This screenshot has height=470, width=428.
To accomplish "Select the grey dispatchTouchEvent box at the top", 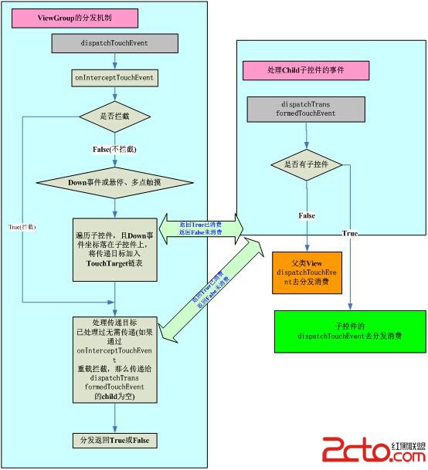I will [x=114, y=44].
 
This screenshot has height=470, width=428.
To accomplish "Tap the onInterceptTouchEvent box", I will [x=114, y=78].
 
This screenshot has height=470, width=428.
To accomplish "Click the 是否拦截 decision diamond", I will [x=114, y=117].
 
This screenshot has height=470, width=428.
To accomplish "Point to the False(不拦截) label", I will [x=114, y=147].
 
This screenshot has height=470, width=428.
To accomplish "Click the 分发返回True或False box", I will [x=114, y=439].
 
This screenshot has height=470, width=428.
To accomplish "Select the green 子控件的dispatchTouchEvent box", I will [x=349, y=330].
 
